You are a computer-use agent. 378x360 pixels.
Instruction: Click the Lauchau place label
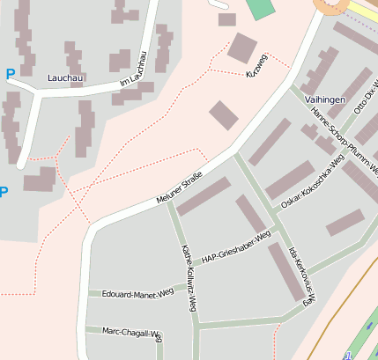(x=66, y=77)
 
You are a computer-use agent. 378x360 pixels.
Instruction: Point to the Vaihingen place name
(x=324, y=100)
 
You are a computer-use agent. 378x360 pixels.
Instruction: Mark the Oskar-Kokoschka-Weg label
(x=312, y=183)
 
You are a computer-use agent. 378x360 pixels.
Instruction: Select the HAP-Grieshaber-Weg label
(x=235, y=247)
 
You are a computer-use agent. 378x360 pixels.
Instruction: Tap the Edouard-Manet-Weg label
(x=137, y=293)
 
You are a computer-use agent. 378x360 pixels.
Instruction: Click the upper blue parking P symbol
(x=10, y=75)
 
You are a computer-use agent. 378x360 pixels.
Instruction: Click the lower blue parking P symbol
(x=3, y=191)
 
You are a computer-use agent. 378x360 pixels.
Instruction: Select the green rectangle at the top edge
(x=261, y=9)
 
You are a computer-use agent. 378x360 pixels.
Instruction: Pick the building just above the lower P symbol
(x=40, y=180)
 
